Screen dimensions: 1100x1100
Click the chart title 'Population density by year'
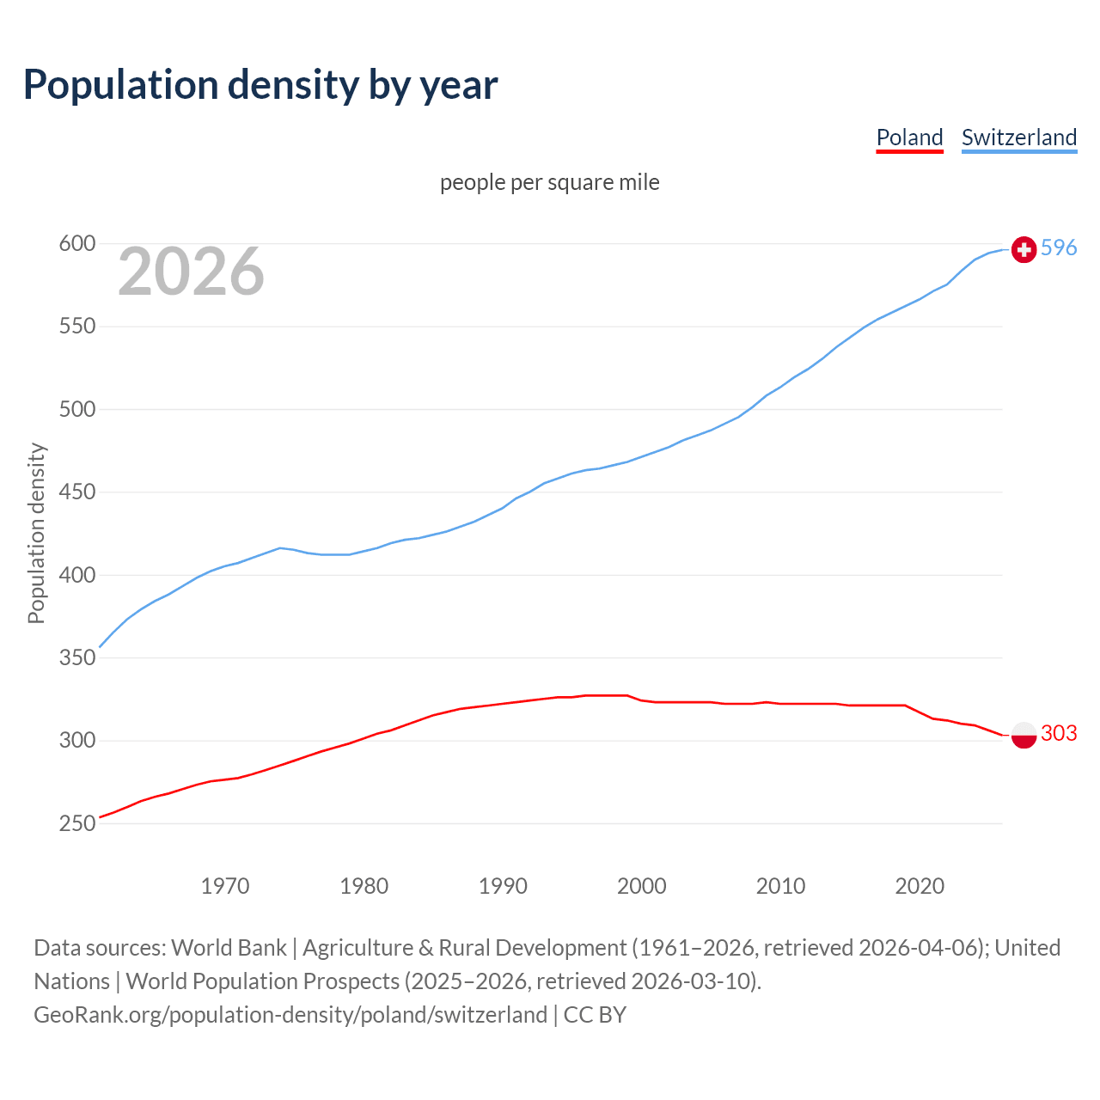coord(260,85)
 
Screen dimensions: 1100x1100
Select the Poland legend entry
coord(909,137)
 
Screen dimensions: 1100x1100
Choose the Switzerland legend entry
coord(1018,137)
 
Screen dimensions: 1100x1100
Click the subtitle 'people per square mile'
coord(549,182)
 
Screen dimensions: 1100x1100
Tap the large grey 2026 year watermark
coord(191,272)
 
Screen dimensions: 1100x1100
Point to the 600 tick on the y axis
coord(76,244)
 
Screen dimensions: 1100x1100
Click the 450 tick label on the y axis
coord(76,492)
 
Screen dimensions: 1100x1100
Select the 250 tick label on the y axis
coord(76,823)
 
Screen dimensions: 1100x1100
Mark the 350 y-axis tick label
coord(76,658)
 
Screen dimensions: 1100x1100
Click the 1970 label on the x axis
coord(225,886)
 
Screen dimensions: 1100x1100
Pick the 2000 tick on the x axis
coord(641,886)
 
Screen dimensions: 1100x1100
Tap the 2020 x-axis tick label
coord(920,886)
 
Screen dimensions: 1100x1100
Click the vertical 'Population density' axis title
coord(36,533)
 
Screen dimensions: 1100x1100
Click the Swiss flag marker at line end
coord(1024,249)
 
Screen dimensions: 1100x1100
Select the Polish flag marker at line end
coord(1024,735)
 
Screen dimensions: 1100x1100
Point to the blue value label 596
coord(1059,248)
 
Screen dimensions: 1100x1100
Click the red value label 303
coord(1059,733)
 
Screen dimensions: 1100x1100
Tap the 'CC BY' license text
coord(595,1015)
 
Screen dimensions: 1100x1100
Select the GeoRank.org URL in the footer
coord(290,1015)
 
